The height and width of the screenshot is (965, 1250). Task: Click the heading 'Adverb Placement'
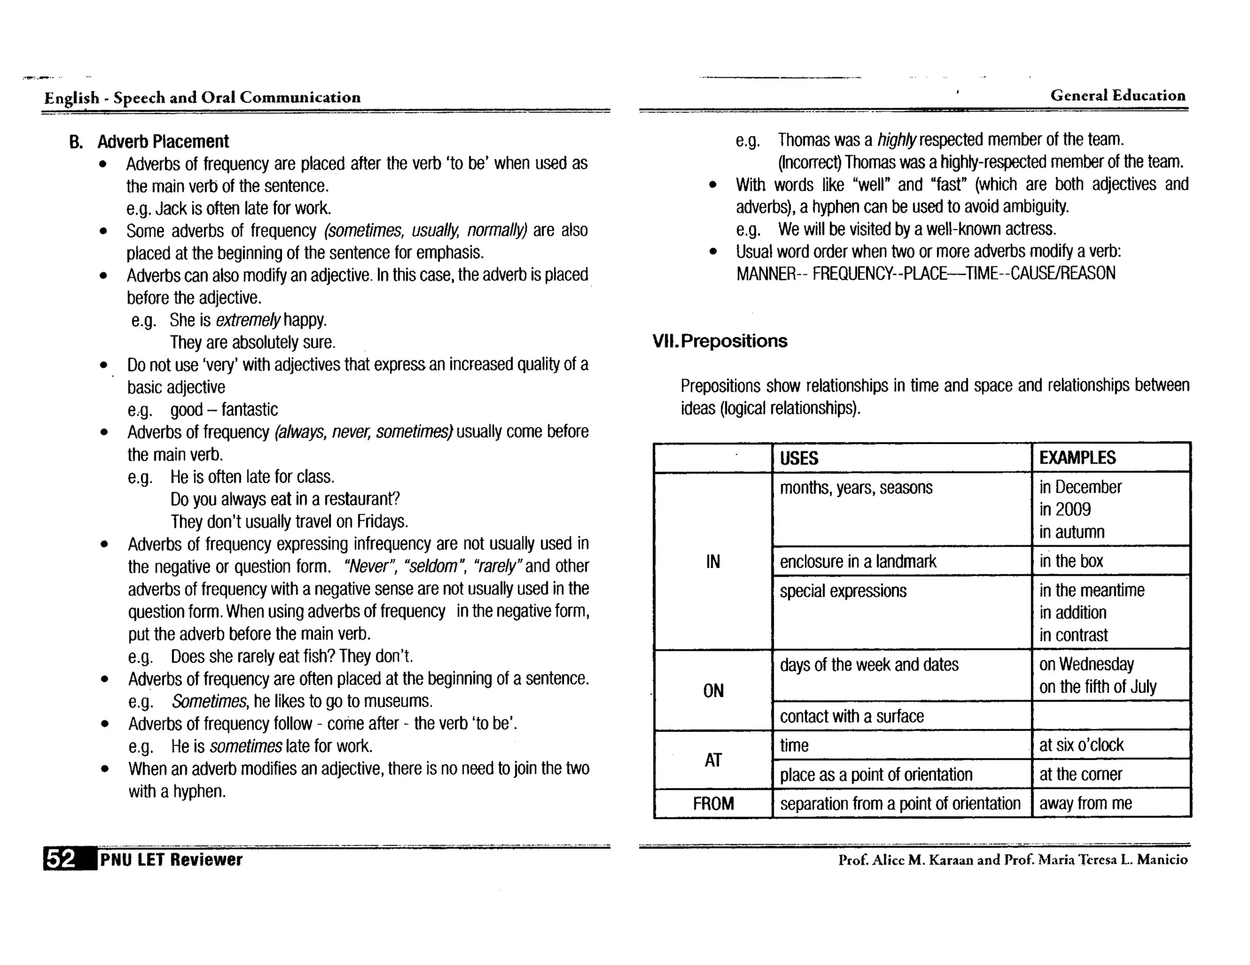click(163, 142)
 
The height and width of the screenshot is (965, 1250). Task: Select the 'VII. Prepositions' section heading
click(720, 341)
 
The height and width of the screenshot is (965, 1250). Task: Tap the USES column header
click(799, 458)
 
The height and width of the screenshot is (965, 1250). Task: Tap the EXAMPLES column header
click(1077, 458)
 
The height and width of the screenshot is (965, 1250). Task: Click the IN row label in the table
click(713, 561)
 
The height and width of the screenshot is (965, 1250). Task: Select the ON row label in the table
click(713, 691)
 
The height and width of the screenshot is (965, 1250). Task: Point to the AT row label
click(713, 760)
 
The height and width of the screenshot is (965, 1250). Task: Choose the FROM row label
click(713, 803)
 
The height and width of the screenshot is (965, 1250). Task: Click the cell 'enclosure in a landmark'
click(858, 561)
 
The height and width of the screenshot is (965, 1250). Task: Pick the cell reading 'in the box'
click(1071, 561)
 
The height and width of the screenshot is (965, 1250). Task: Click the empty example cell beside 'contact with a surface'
click(1111, 716)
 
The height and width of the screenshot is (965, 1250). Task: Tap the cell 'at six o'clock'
click(1081, 745)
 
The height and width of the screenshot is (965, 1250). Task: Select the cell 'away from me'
click(1085, 803)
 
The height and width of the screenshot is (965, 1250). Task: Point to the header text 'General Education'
click(1118, 96)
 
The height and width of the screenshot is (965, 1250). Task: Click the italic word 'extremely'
click(248, 320)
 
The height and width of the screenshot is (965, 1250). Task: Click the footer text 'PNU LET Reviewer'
click(171, 860)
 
